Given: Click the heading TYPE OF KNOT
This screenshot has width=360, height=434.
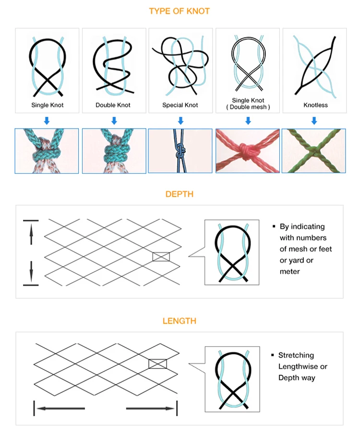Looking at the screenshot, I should click(180, 11).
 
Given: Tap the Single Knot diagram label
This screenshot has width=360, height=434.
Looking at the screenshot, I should click(48, 105).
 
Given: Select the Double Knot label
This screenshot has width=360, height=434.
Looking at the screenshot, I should click(113, 105).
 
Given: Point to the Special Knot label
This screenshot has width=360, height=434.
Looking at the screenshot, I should click(180, 105).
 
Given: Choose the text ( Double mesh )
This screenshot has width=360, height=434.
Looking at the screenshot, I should click(248, 107).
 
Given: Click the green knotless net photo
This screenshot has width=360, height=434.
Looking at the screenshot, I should click(313, 151).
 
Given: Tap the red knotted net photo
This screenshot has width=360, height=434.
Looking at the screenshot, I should click(248, 151).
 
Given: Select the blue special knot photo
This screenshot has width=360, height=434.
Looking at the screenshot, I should click(180, 151).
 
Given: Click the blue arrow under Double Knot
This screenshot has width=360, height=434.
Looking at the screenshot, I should click(113, 121).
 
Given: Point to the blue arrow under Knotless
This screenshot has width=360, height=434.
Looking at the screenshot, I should click(314, 121).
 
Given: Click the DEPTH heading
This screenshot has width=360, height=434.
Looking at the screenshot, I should click(179, 194).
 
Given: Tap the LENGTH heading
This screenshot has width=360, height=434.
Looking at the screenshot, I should click(179, 321).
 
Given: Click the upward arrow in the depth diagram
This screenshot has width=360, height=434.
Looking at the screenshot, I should click(31, 235).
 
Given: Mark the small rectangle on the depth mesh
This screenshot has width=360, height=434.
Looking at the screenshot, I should click(161, 257).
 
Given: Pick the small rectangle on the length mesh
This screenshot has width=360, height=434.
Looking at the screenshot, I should click(157, 364).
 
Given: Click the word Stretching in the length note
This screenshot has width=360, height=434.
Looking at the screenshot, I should click(296, 355).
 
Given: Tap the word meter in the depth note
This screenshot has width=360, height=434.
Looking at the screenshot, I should click(289, 271).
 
